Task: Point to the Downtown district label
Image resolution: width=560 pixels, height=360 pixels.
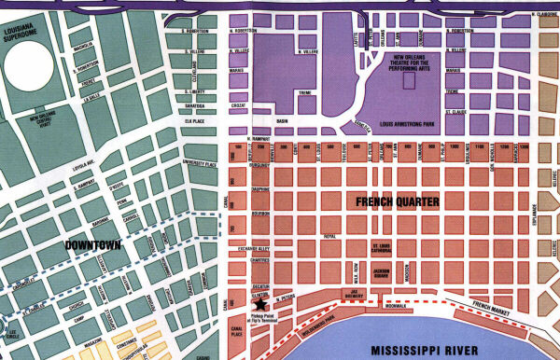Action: coord(96,244)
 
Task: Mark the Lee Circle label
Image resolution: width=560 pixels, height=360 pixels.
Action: coord(11,335)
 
